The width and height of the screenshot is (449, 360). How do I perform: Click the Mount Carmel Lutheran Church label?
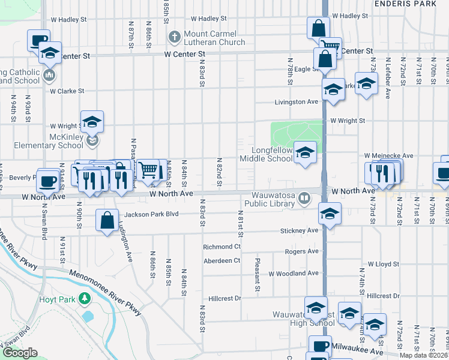(214, 38)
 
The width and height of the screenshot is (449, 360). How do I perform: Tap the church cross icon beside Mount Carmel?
(175, 37)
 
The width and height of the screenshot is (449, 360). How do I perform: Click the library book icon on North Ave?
(305, 198)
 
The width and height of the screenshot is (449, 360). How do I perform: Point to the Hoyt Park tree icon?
(85, 298)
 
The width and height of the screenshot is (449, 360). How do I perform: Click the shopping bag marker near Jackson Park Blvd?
(107, 220)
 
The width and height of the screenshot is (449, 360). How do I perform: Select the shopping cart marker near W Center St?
(330, 47)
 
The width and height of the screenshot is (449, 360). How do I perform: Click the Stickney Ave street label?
(299, 230)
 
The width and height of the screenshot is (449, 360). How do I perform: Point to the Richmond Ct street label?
(221, 247)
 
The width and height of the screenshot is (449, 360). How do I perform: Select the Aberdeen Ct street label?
(221, 260)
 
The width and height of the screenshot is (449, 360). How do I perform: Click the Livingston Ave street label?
(296, 102)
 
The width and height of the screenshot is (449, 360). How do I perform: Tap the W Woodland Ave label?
(294, 274)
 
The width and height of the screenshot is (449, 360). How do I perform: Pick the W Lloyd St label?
(384, 264)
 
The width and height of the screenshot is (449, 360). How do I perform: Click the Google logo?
(20, 353)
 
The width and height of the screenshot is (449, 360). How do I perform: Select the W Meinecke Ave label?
(388, 155)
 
